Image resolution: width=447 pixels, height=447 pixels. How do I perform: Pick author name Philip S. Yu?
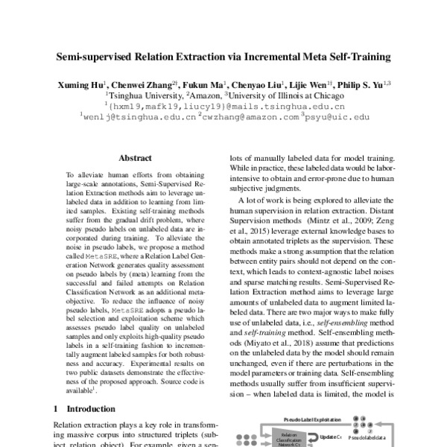point(361,85)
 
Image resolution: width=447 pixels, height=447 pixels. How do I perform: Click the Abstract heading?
point(136,158)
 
